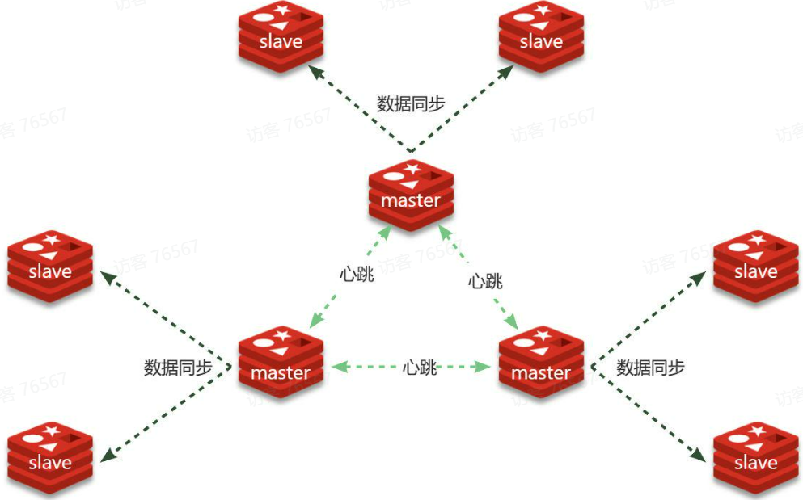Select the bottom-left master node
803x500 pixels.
pos(281,363)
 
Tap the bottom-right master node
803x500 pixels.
pos(541,363)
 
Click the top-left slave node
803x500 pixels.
pos(281,36)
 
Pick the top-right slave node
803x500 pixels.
pos(541,36)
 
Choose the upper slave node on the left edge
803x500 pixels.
pos(50,266)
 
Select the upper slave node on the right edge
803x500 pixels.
pos(755,266)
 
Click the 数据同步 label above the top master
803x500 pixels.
pos(411,103)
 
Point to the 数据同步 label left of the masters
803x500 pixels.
pos(178,368)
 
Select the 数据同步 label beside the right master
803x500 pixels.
pos(650,368)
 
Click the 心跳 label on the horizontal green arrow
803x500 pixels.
pos(420,368)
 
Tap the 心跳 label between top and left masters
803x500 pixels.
pos(357,274)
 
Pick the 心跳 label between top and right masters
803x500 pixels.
pos(485,281)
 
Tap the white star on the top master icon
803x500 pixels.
pos(413,168)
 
